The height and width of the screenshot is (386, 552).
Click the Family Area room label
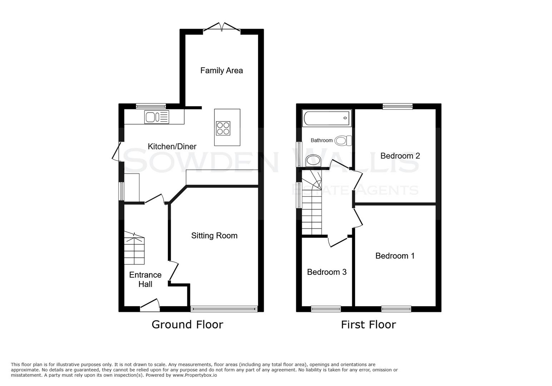coord(221,70)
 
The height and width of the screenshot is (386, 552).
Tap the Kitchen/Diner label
coord(172,147)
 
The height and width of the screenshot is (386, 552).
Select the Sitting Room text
coord(214,236)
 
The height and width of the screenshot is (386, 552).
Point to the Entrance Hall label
coord(145,279)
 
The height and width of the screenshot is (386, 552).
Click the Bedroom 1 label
coord(395,256)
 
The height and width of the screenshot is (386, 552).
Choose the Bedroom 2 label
coord(400,156)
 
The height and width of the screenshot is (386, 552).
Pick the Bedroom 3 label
coord(327,272)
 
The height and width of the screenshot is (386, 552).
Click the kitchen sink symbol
coord(157,117)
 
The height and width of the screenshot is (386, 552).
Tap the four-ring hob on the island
coord(223,128)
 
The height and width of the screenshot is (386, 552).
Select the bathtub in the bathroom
coord(326,118)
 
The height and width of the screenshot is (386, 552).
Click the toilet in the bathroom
coord(343,141)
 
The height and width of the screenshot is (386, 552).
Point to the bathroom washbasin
coord(313,161)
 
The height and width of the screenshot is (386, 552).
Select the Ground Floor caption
coord(187,325)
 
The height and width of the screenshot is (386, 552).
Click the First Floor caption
coord(368,325)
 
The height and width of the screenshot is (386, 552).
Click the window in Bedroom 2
coord(397,106)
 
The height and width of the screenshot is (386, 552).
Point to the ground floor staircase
coord(134,250)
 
